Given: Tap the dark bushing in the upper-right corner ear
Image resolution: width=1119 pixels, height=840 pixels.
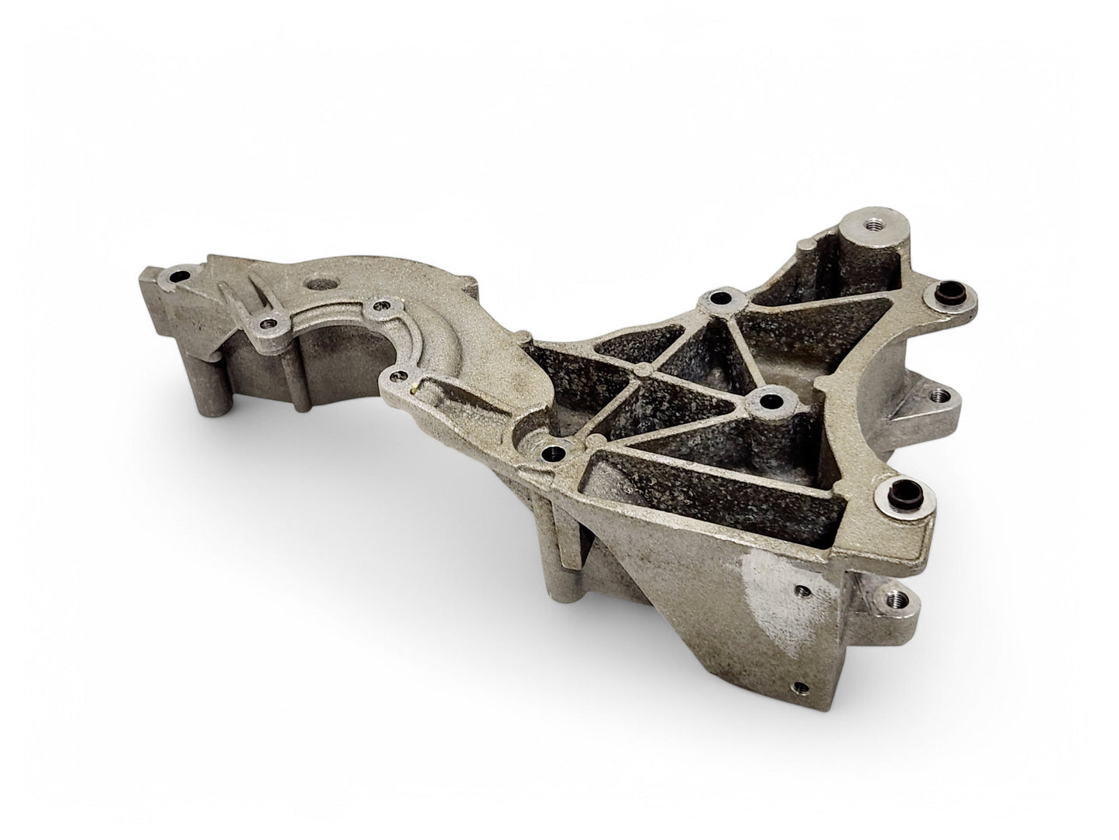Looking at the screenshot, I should pos(938,292).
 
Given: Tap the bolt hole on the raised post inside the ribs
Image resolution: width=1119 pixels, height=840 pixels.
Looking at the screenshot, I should pos(770,401).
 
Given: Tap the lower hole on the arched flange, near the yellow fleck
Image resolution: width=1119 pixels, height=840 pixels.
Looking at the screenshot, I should pos(398,377).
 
